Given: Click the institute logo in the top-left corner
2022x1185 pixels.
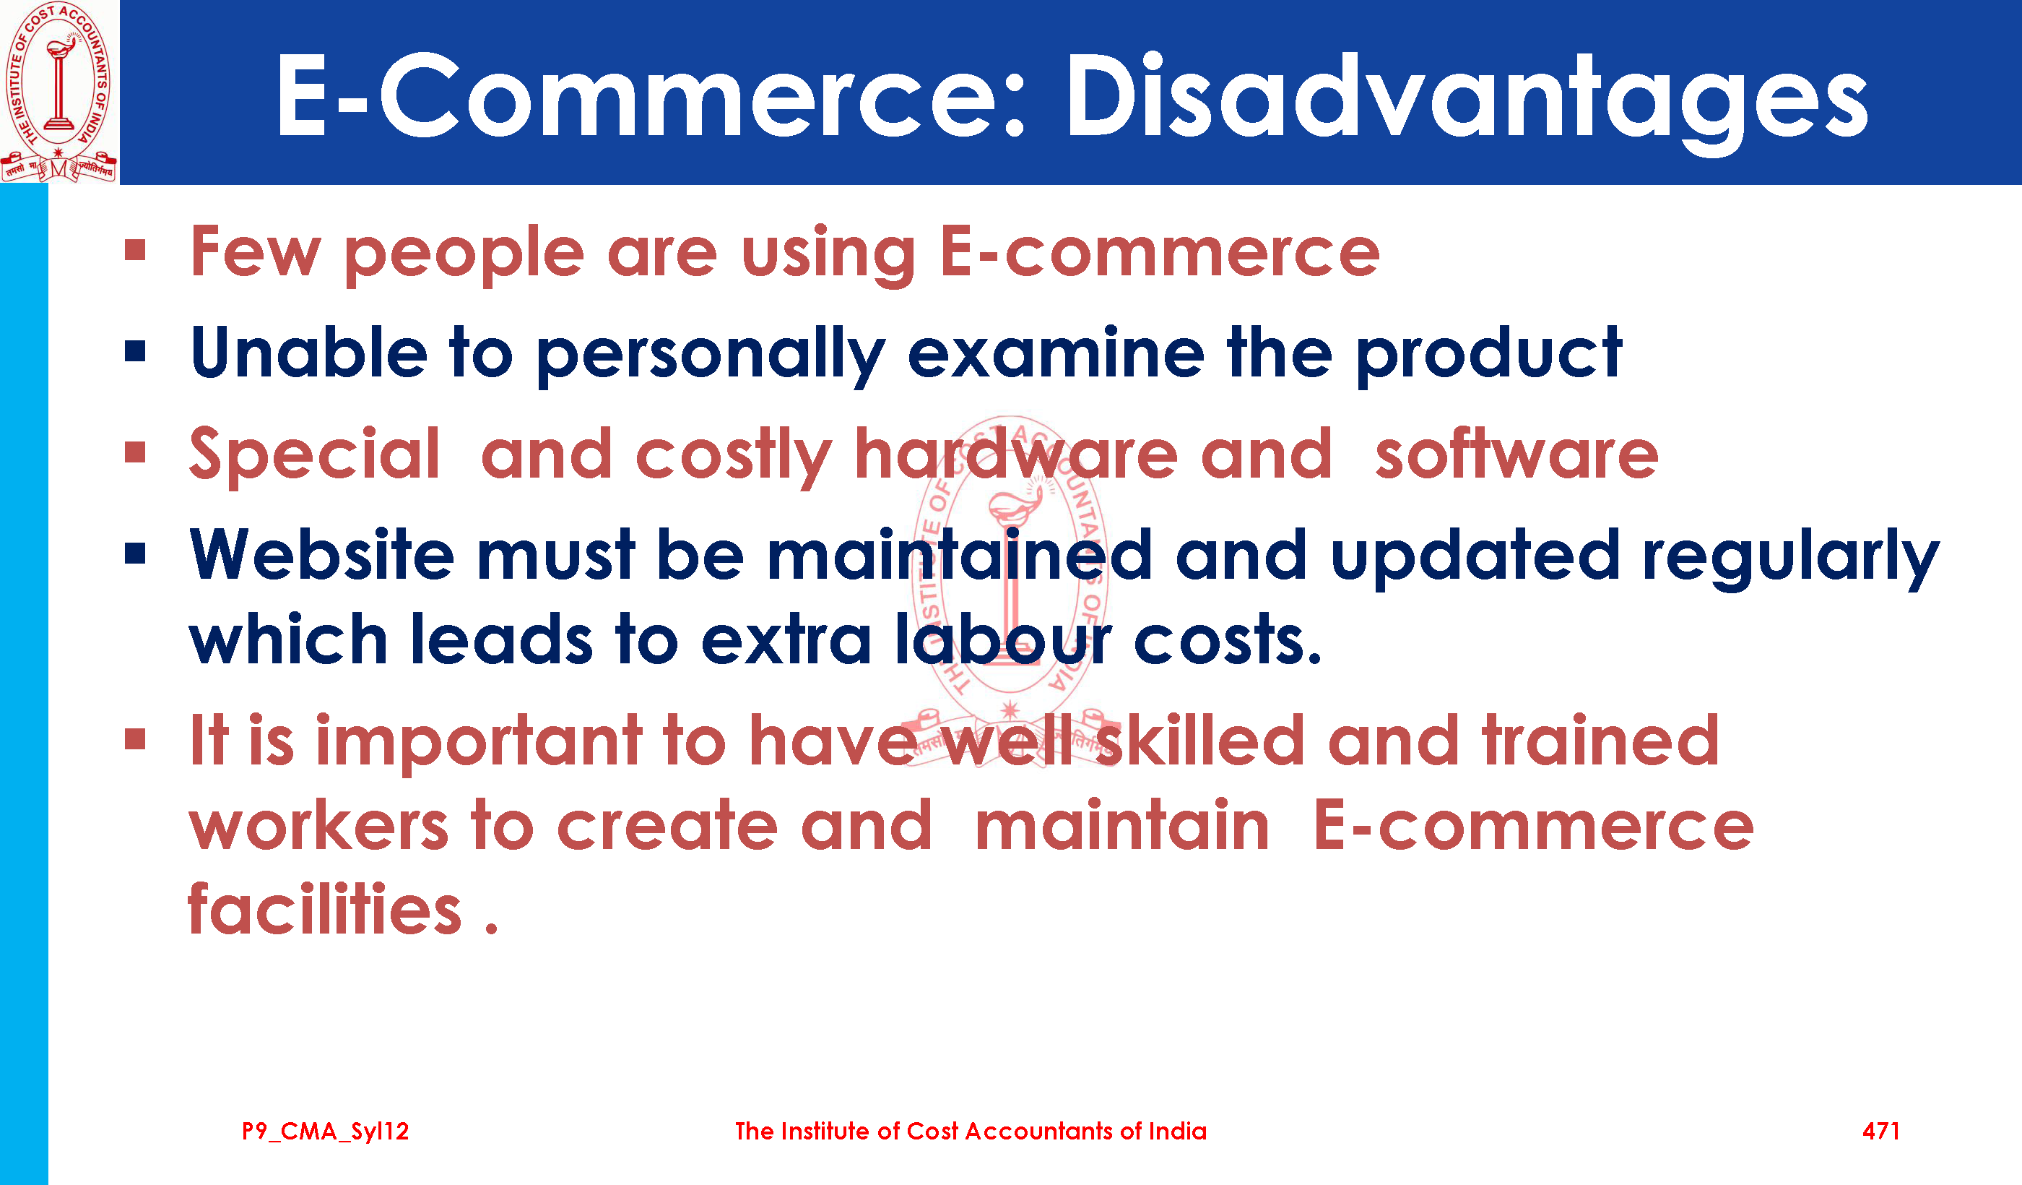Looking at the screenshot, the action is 58,92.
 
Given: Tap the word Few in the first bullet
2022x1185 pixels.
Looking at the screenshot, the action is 256,252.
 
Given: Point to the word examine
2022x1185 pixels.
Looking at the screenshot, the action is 1056,353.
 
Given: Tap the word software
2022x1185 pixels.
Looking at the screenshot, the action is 1516,454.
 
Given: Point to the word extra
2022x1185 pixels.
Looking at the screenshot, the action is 786,640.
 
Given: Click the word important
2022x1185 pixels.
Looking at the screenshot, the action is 479,741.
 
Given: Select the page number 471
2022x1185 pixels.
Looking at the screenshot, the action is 1880,1132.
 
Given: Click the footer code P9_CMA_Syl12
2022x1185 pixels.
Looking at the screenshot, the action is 325,1132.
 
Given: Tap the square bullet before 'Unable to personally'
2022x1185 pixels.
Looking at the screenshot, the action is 135,352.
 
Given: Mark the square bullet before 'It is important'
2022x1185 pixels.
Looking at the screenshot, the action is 135,738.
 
